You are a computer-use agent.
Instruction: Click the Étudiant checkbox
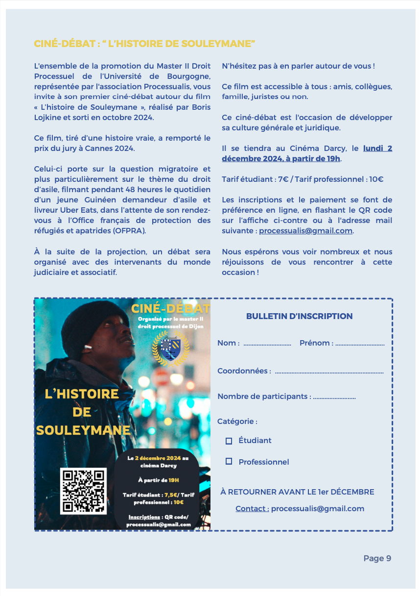(x=229, y=441)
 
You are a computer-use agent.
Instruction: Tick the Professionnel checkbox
(x=229, y=462)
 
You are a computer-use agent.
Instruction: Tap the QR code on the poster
(x=83, y=491)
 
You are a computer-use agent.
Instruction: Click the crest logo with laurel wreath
(x=170, y=348)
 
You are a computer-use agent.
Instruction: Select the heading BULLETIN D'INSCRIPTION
(x=299, y=316)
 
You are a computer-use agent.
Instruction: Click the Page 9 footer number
(x=377, y=558)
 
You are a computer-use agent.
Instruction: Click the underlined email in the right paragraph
(x=305, y=231)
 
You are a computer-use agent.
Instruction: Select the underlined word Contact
(x=252, y=508)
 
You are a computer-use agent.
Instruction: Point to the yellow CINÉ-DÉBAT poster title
(x=170, y=308)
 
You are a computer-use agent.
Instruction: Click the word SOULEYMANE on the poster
(x=83, y=430)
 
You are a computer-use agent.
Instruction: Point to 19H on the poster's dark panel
(x=173, y=480)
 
